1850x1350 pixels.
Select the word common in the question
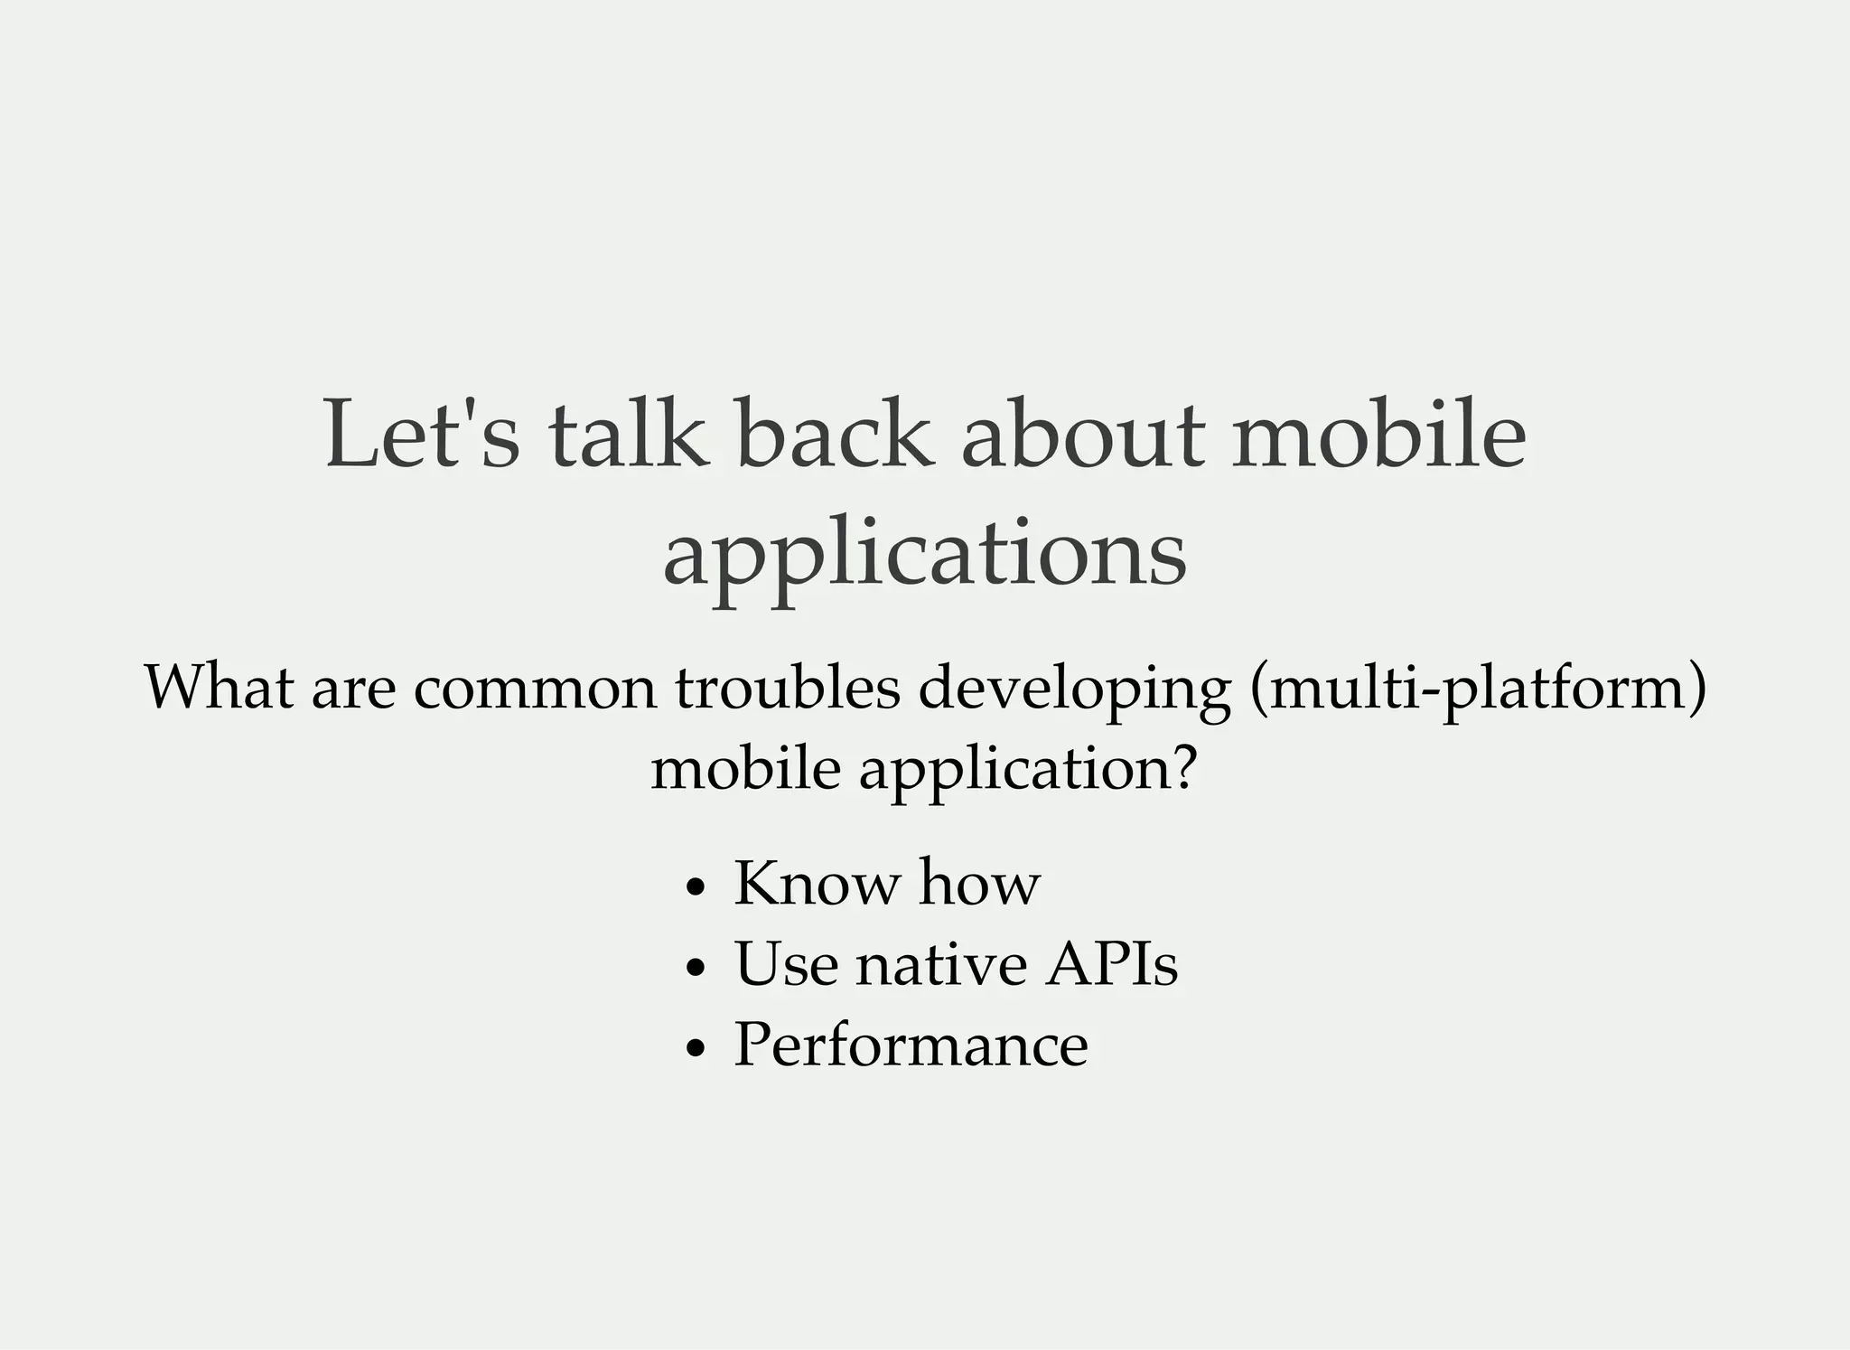click(x=535, y=689)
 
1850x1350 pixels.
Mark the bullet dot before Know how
click(x=694, y=887)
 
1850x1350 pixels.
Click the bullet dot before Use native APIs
click(x=694, y=968)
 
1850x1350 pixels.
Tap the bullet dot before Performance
click(x=694, y=1048)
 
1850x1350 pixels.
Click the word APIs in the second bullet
click(x=1111, y=964)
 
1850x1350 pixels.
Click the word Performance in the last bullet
click(x=911, y=1045)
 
